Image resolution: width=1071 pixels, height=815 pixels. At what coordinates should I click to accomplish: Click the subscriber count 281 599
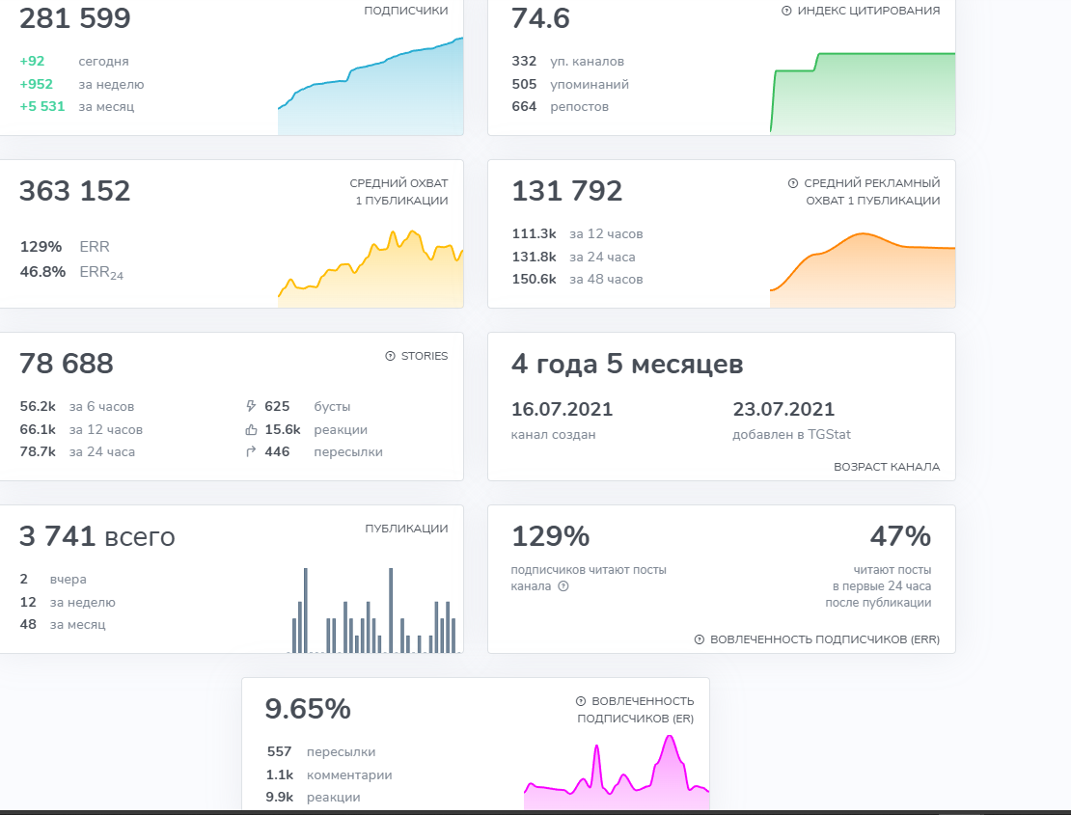(75, 18)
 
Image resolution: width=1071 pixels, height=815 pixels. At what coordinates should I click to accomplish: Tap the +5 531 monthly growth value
(42, 106)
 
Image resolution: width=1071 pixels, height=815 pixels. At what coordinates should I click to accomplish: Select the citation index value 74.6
(540, 18)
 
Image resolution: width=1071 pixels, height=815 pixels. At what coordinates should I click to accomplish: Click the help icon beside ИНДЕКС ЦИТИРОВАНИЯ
(786, 11)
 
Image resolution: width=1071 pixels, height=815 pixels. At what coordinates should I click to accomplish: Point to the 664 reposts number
(524, 106)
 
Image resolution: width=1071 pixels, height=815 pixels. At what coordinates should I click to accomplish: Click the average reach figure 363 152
(75, 191)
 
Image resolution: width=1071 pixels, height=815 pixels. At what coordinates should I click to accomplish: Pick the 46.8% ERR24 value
(42, 272)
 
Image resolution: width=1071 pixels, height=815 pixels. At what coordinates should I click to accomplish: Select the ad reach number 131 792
(567, 191)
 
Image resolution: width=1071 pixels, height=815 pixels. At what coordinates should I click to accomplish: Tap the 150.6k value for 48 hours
(534, 279)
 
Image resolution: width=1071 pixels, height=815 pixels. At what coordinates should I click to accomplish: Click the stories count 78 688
(67, 364)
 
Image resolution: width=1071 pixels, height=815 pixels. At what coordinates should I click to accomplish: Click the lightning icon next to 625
(252, 406)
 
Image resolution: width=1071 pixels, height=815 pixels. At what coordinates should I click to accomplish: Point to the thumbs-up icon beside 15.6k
(252, 429)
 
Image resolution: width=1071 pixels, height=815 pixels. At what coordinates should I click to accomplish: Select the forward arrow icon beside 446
(252, 451)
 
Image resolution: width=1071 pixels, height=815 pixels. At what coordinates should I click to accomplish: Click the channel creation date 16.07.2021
(562, 409)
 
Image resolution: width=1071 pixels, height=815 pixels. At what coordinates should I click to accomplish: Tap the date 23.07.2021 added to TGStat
(783, 409)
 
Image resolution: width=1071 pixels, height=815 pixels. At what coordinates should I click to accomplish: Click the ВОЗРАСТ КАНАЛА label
(887, 467)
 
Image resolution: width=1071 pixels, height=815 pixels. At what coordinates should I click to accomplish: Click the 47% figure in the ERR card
(900, 536)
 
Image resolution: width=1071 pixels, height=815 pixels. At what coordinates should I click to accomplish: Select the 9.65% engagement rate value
(308, 709)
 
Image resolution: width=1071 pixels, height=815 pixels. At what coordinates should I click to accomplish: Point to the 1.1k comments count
(281, 774)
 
